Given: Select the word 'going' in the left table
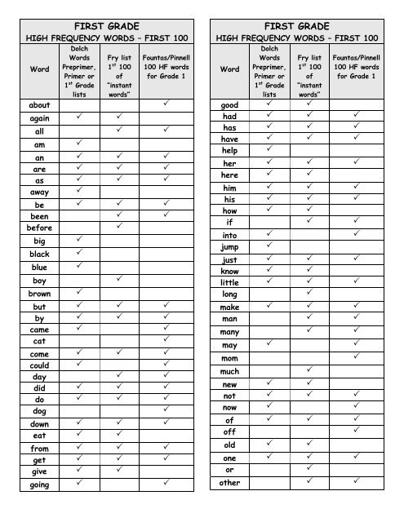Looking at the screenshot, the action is click(x=39, y=485).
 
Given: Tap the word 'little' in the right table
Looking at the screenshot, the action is click(x=229, y=282).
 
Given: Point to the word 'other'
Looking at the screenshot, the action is click(x=229, y=483).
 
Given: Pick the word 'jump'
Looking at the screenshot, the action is click(x=229, y=247).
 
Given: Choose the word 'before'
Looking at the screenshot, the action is click(x=39, y=229).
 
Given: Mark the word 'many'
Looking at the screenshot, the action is click(x=229, y=332).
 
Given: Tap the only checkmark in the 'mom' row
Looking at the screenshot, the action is click(x=357, y=356).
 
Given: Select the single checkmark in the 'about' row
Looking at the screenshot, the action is click(x=166, y=104).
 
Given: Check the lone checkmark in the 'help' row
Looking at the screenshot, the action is click(x=270, y=150).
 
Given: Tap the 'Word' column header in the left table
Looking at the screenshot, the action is click(x=39, y=70).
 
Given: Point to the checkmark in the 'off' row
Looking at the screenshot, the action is click(x=357, y=430).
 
